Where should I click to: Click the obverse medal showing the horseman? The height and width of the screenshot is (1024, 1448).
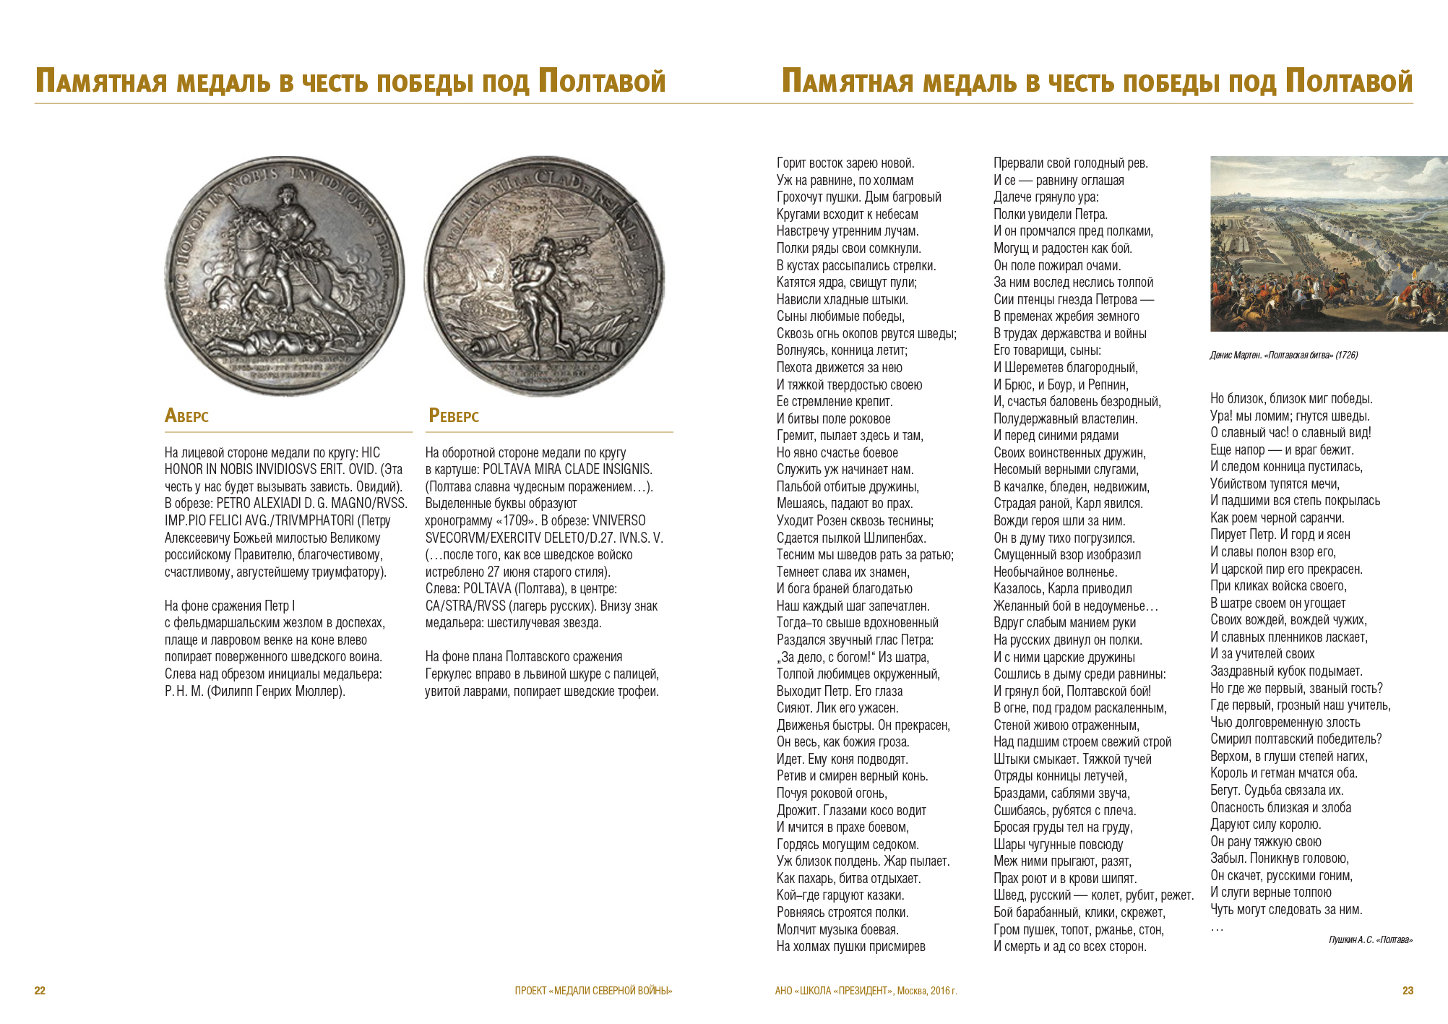pos(285,276)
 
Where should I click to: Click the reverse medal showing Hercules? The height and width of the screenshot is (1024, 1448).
pos(543,276)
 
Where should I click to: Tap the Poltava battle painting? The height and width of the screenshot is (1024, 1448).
pos(1328,244)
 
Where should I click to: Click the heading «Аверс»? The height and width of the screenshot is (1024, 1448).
pos(186,416)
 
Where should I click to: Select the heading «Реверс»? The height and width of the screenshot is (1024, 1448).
pos(454,416)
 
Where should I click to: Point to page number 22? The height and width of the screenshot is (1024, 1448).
pos(40,990)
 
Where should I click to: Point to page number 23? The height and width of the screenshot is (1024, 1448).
pos(1408,990)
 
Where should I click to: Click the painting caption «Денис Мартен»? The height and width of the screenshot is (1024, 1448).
pos(1283,355)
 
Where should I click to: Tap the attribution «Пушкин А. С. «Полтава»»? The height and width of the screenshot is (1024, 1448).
pos(1370,939)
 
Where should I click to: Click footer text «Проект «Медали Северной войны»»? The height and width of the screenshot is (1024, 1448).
pos(593,990)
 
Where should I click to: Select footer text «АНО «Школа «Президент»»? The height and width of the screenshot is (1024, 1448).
pos(865,990)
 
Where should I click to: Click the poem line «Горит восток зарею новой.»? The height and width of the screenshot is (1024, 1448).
pos(845,163)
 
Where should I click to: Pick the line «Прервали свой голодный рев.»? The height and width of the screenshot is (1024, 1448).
pos(1070,163)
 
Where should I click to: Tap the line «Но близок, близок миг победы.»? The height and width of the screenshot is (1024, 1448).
pos(1291,399)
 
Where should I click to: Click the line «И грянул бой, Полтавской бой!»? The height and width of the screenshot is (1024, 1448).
pos(1072,691)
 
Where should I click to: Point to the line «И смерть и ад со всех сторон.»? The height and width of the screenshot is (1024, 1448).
pos(1069,946)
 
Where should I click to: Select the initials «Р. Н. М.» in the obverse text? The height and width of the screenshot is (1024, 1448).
pos(184,691)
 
